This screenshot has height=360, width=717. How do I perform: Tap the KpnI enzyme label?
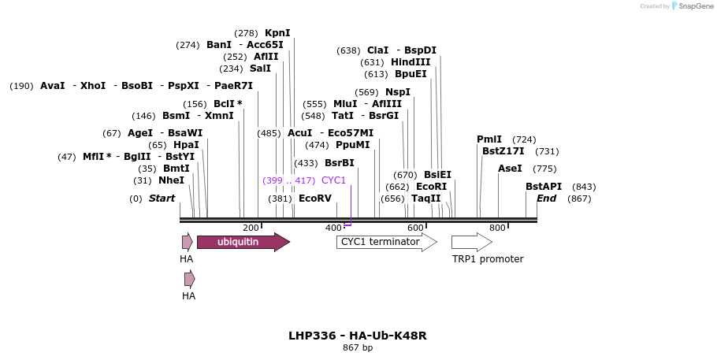click(x=277, y=33)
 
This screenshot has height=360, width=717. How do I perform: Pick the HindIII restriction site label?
click(x=411, y=62)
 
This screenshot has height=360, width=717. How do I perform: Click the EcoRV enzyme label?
click(x=314, y=199)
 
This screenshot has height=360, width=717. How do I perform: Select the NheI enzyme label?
click(x=171, y=180)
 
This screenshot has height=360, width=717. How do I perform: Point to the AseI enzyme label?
click(x=510, y=169)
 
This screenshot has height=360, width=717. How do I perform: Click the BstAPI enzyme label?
click(x=544, y=187)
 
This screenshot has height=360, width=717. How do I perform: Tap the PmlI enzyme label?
click(x=489, y=139)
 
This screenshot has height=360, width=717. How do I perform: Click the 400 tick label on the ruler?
click(x=332, y=228)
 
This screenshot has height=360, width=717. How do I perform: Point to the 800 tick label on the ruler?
click(x=497, y=228)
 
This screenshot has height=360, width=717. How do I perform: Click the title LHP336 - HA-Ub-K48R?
click(x=358, y=336)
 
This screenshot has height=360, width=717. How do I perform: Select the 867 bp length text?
click(x=358, y=347)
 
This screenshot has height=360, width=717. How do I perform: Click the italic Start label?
click(x=162, y=199)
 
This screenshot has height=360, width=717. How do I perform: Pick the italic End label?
click(x=546, y=199)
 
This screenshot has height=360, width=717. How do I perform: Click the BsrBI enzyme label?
click(x=339, y=163)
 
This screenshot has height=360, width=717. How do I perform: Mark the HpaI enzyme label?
click(x=186, y=145)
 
